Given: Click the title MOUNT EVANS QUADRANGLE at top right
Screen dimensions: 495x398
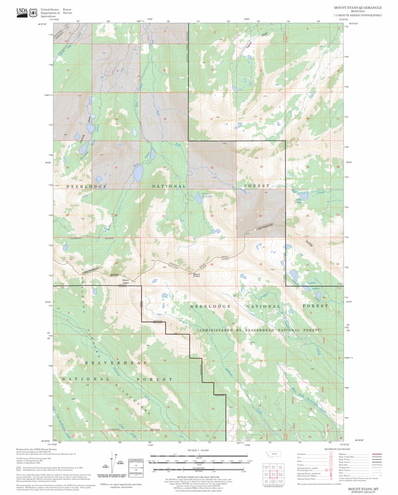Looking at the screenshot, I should click(358, 8).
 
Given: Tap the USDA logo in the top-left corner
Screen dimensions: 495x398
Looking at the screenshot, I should click(22, 12).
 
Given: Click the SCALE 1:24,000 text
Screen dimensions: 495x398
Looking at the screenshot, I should click(199, 450).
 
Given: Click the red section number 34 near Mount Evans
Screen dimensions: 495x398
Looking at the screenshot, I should click(164, 267).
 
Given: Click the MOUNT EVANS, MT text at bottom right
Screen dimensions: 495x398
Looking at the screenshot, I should click(363, 489).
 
